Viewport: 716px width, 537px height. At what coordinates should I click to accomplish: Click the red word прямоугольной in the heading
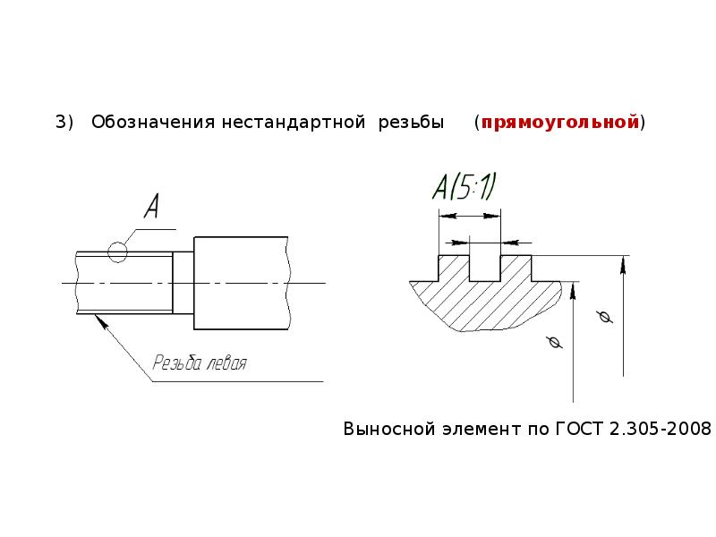pyautogui.click(x=560, y=123)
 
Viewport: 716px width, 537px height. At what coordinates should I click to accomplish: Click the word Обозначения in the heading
pyautogui.click(x=153, y=123)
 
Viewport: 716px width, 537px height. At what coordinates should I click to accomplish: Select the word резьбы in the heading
pyautogui.click(x=411, y=123)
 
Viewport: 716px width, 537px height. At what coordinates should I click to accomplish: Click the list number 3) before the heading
pyautogui.click(x=64, y=123)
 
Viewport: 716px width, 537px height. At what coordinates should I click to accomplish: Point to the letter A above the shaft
pyautogui.click(x=152, y=206)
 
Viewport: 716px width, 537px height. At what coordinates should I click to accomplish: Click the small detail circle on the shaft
pyautogui.click(x=117, y=251)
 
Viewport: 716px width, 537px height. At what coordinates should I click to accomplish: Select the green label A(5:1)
pyautogui.click(x=464, y=187)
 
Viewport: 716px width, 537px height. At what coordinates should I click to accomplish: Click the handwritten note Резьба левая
pyautogui.click(x=200, y=363)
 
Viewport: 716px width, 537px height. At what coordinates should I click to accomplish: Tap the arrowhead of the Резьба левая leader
pyautogui.click(x=102, y=321)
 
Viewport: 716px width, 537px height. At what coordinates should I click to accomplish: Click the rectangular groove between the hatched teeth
pyautogui.click(x=485, y=268)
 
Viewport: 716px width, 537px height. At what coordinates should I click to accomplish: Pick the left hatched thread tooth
pyautogui.click(x=454, y=268)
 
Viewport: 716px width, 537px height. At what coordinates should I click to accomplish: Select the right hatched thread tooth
pyautogui.click(x=516, y=268)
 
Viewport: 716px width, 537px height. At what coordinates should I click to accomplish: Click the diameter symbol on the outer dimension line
pyautogui.click(x=605, y=317)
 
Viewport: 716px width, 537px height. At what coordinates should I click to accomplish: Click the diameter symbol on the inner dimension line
pyautogui.click(x=554, y=342)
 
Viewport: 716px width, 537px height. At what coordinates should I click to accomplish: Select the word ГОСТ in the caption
pyautogui.click(x=579, y=429)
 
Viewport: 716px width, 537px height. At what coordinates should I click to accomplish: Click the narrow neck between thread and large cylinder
pyautogui.click(x=183, y=283)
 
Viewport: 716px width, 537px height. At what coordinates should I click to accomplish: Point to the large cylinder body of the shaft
pyautogui.click(x=242, y=283)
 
